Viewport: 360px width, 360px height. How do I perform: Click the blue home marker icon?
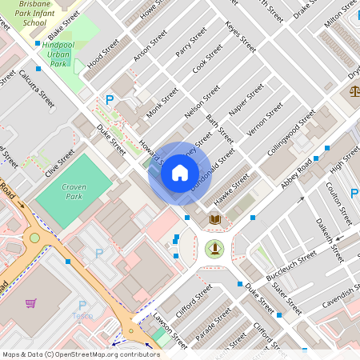[x=180, y=172]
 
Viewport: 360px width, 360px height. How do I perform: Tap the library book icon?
[x=214, y=218]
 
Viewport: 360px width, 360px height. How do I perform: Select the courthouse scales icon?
[x=354, y=91]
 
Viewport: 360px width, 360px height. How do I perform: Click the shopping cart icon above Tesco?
[x=30, y=303]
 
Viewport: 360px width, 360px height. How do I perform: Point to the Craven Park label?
[x=74, y=190]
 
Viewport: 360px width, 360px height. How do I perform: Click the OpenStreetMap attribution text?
[x=80, y=354]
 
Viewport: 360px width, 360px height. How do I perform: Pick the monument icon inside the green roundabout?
[x=214, y=248]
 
